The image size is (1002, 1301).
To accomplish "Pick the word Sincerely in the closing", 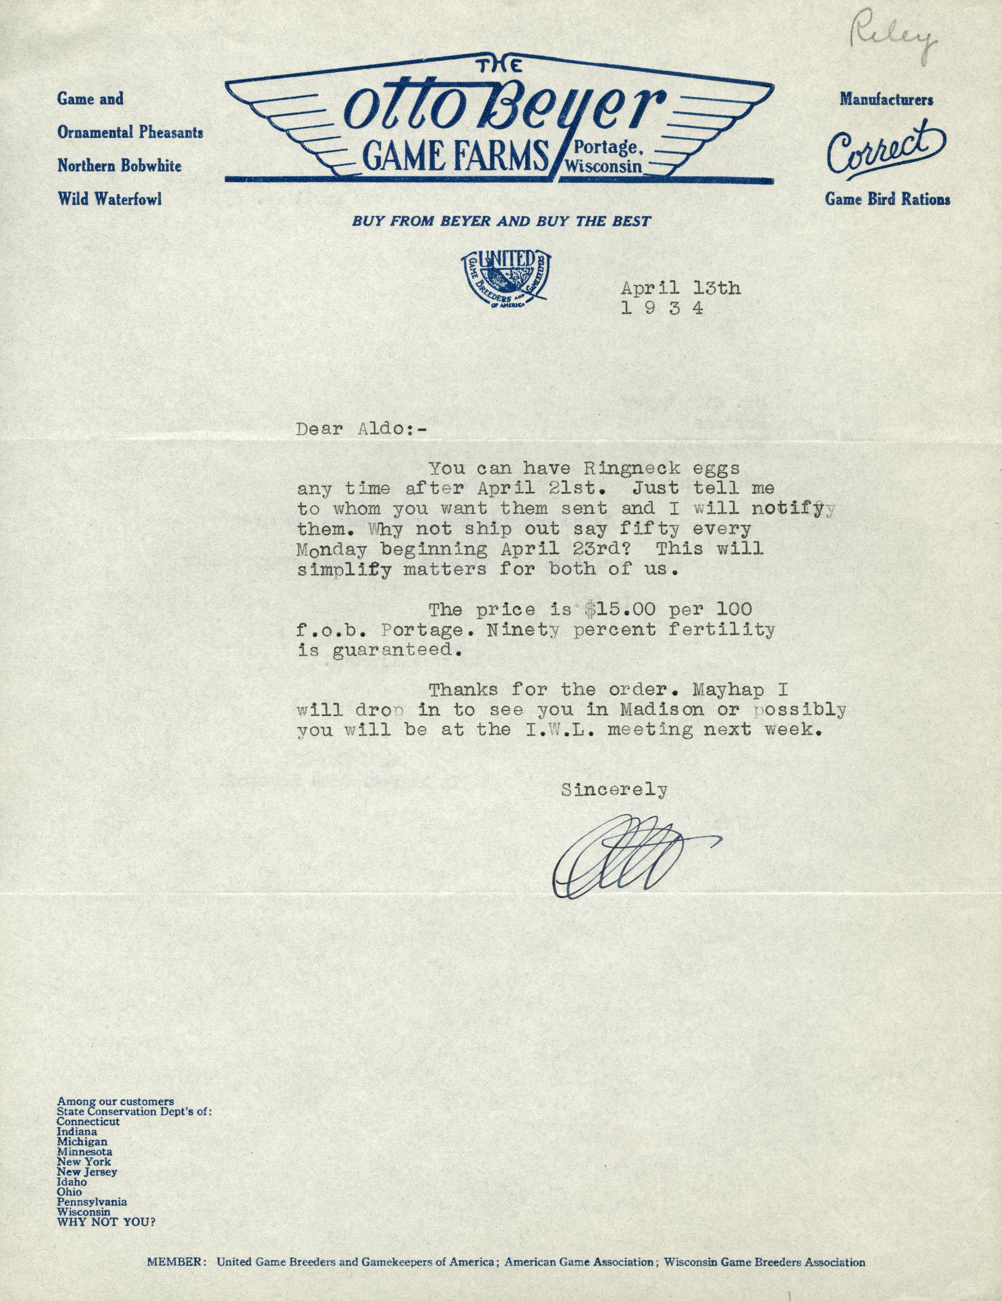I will (614, 790).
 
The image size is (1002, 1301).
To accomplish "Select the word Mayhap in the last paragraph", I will (728, 690).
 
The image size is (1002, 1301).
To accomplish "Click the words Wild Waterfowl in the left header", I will (110, 199).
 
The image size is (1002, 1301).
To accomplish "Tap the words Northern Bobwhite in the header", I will (119, 166).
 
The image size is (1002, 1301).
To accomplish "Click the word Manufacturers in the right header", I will (886, 99).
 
